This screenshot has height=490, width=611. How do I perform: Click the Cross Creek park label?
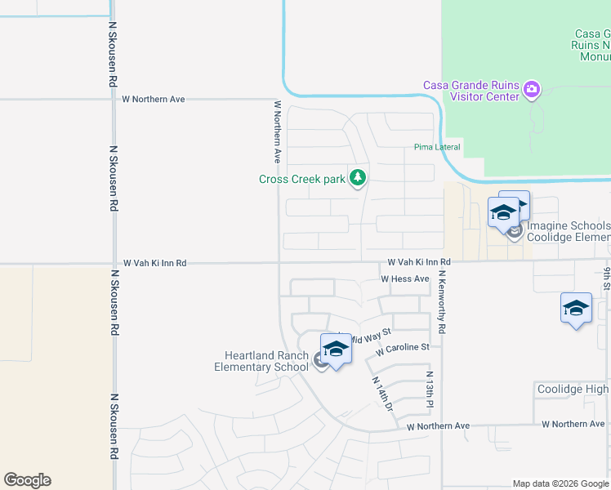302,179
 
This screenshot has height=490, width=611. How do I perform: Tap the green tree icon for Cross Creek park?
357,176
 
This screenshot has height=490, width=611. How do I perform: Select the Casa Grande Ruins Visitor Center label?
471,91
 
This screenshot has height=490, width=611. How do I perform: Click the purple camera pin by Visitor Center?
532,88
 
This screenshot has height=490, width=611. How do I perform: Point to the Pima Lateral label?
437,148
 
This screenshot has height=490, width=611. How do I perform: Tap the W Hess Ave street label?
404,279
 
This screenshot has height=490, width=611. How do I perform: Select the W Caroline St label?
403,349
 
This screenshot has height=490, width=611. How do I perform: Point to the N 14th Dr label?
382,393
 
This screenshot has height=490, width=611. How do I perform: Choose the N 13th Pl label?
429,390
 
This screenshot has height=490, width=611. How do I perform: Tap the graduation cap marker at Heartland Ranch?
335,349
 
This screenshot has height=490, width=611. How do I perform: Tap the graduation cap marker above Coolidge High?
576,308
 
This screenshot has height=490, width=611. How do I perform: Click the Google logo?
27,480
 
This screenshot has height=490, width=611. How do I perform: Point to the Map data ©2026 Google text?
560,483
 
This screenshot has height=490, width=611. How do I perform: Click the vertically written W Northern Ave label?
278,131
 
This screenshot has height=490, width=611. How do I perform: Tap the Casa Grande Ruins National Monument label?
592,46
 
